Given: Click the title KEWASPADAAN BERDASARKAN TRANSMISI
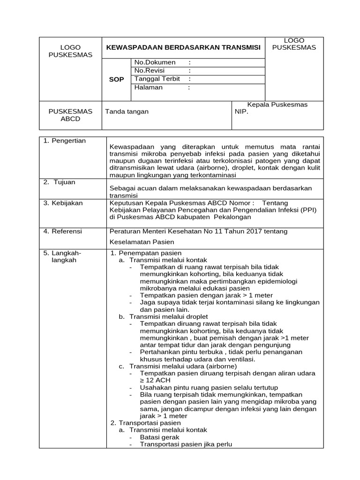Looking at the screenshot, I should click(183, 47).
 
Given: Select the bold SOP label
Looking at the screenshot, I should click(116, 80).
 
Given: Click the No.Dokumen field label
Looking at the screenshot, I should click(155, 62).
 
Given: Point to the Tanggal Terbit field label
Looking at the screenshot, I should click(157, 79).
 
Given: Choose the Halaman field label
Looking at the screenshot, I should click(149, 87).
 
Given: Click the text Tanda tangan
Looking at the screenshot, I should click(127, 112).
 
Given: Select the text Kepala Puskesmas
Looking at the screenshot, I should click(277, 105).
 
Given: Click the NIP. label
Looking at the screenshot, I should click(241, 112).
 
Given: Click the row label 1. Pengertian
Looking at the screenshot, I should click(65, 141).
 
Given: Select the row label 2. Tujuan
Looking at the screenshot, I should click(60, 182).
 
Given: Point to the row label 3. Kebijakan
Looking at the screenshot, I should click(63, 203).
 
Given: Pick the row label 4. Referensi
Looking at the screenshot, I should click(63, 231).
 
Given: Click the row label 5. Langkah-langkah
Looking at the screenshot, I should click(63, 256).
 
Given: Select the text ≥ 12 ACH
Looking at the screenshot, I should click(155, 381).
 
